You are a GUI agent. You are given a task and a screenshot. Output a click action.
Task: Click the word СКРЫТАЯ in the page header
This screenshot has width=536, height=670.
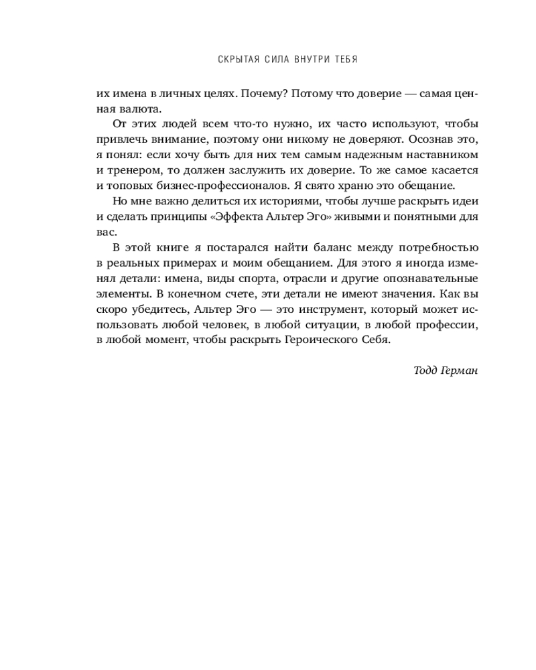point(239,60)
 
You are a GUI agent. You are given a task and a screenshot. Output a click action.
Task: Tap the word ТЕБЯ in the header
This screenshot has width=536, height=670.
point(344,60)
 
